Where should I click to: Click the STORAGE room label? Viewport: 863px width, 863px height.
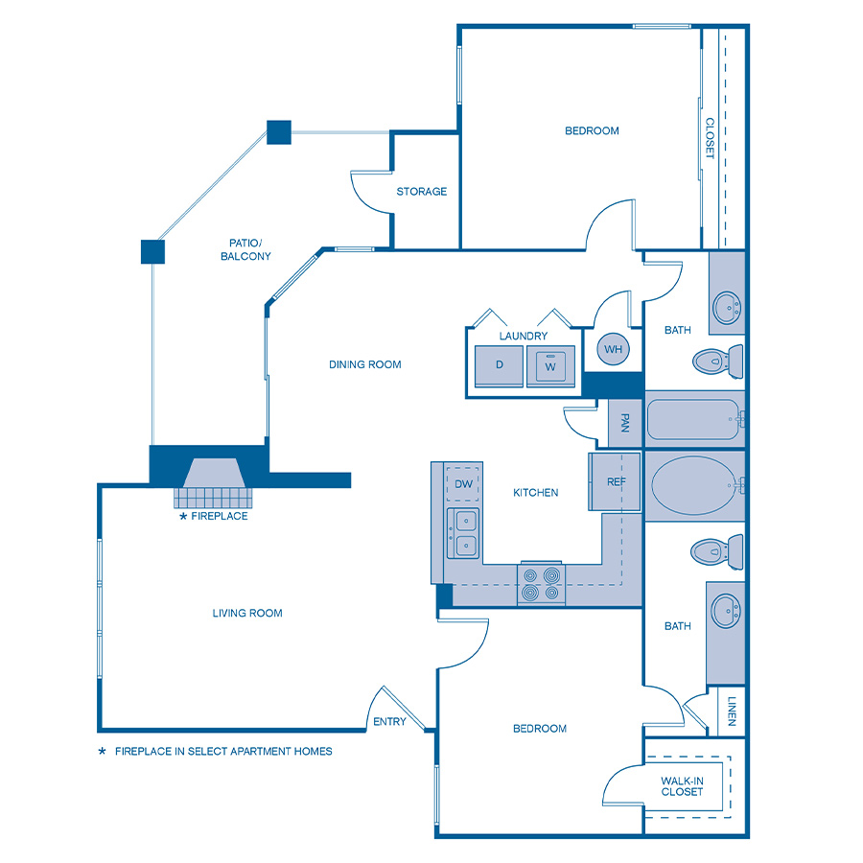click(422, 192)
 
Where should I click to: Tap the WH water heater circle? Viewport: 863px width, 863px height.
click(614, 349)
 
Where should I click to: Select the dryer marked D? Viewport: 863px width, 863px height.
click(500, 365)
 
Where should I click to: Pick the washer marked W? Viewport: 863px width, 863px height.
click(550, 365)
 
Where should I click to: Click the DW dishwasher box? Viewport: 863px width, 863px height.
click(464, 484)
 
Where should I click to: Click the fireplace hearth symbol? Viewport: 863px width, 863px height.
click(216, 485)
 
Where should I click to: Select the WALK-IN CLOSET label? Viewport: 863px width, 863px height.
click(682, 786)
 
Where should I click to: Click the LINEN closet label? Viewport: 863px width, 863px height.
click(732, 711)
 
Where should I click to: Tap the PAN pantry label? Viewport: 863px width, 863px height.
click(624, 423)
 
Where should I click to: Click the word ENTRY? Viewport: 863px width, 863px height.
click(389, 722)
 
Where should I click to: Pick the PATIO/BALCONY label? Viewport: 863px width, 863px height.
click(245, 249)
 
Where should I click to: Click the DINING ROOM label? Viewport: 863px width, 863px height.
click(364, 364)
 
